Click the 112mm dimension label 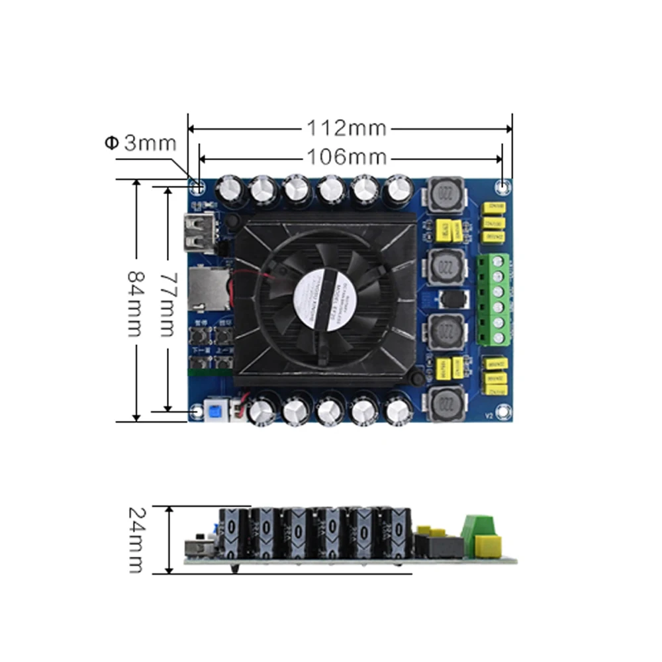pyautogui.click(x=345, y=128)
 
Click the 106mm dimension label pyautogui.click(x=346, y=157)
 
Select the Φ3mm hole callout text pyautogui.click(x=140, y=142)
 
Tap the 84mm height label pyautogui.click(x=135, y=302)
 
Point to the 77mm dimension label pyautogui.click(x=168, y=302)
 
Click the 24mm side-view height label pyautogui.click(x=136, y=540)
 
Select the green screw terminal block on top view pyautogui.click(x=493, y=299)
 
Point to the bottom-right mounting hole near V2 pyautogui.click(x=504, y=413)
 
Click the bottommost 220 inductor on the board pyautogui.click(x=444, y=403)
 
